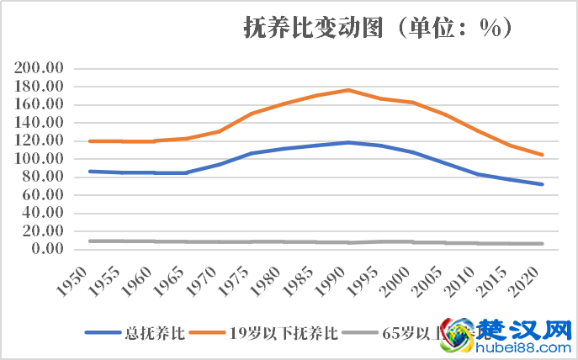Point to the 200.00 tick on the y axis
point(40,68)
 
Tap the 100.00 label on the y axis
point(40,158)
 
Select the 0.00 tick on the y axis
point(47,249)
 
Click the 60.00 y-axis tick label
point(44,194)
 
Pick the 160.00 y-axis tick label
point(40,104)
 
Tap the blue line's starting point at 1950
point(89,171)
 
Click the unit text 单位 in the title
point(433,29)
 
